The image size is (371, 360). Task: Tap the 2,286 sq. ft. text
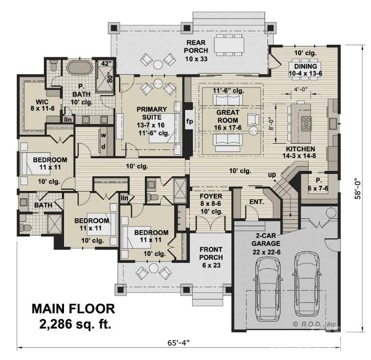[x=74, y=323]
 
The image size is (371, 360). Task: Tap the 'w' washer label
[x=103, y=135]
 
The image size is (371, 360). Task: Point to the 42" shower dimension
[x=106, y=63]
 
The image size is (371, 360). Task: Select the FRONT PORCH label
[x=211, y=254]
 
